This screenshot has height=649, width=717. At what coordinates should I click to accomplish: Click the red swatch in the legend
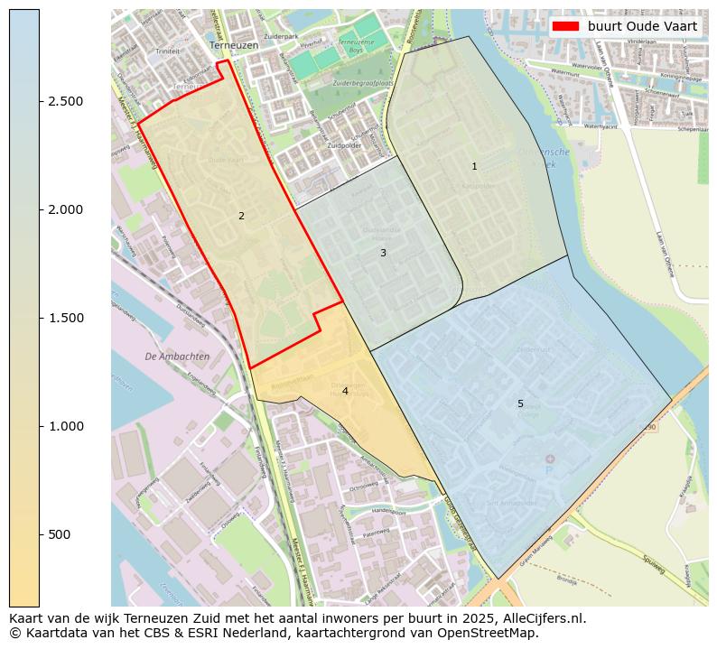pos(566,26)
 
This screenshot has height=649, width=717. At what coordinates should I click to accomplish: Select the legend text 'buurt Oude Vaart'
pos(642,26)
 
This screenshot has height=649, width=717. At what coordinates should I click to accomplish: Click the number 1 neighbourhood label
pos(474,167)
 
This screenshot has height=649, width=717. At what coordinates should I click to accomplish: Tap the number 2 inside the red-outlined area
pos(241,216)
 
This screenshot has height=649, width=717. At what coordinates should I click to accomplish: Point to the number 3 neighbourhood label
pos(383,254)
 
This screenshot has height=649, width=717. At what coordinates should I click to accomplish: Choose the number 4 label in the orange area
pos(345,391)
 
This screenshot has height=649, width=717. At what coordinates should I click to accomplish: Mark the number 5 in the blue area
pos(520,403)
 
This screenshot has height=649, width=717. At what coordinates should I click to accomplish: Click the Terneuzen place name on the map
pos(233,44)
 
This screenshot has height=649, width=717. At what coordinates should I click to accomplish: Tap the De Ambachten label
pos(177,357)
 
